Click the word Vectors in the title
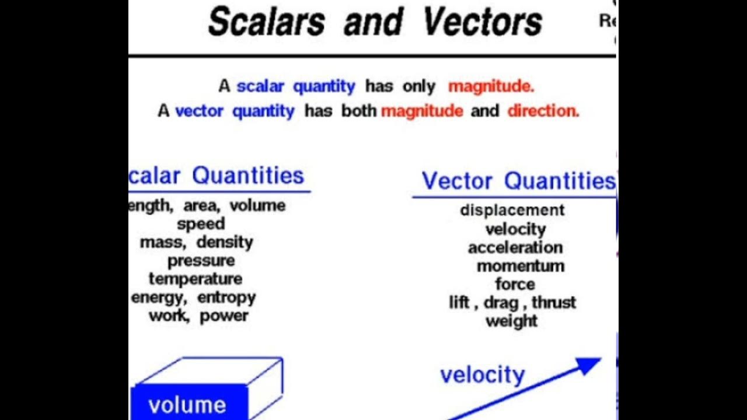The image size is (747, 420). [482, 22]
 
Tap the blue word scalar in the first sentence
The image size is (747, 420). [260, 87]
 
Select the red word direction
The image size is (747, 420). [543, 111]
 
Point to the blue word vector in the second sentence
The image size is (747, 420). [199, 111]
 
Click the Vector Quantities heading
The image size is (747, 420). [518, 181]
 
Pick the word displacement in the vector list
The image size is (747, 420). [512, 210]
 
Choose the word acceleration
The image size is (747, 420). [515, 247]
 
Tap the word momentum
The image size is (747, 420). [520, 266]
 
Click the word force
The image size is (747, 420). [515, 284]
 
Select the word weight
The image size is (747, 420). [511, 321]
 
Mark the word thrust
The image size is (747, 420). [553, 303]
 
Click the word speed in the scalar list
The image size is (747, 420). [201, 224]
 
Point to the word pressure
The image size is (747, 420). [201, 261]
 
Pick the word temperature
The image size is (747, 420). [195, 279]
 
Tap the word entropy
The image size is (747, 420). [226, 297]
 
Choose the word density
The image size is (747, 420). [225, 242]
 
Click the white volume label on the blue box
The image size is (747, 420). [187, 405]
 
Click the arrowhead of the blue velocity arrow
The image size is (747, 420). [589, 365]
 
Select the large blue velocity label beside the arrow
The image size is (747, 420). [482, 374]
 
